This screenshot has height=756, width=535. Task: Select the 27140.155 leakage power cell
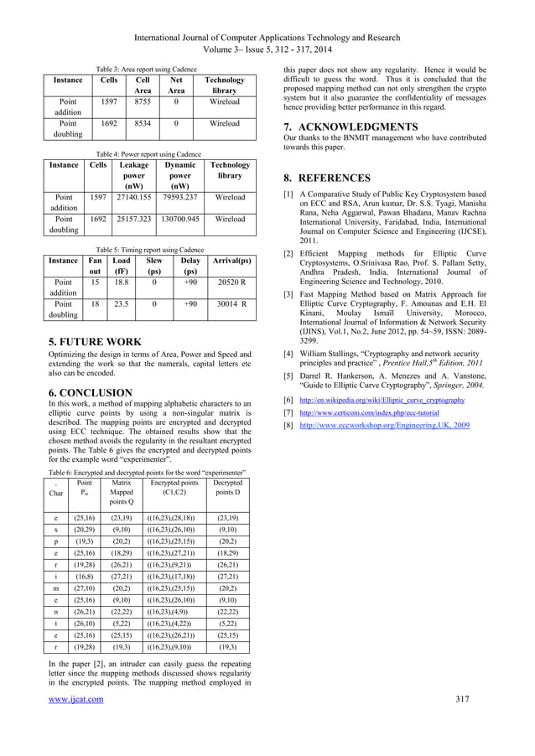[134, 198]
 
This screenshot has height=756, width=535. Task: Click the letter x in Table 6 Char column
[55, 530]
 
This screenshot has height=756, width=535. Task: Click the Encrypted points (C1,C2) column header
[174, 489]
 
